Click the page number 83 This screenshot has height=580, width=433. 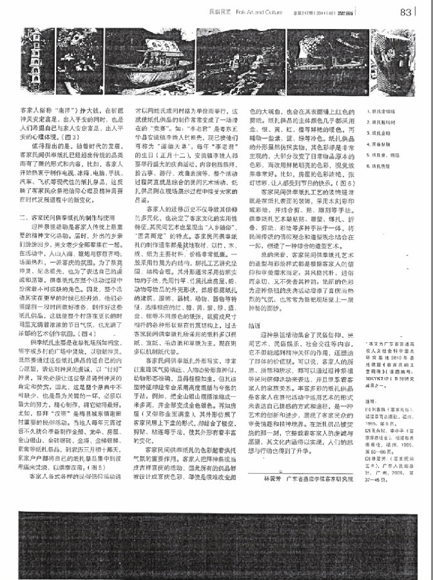point(405,11)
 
